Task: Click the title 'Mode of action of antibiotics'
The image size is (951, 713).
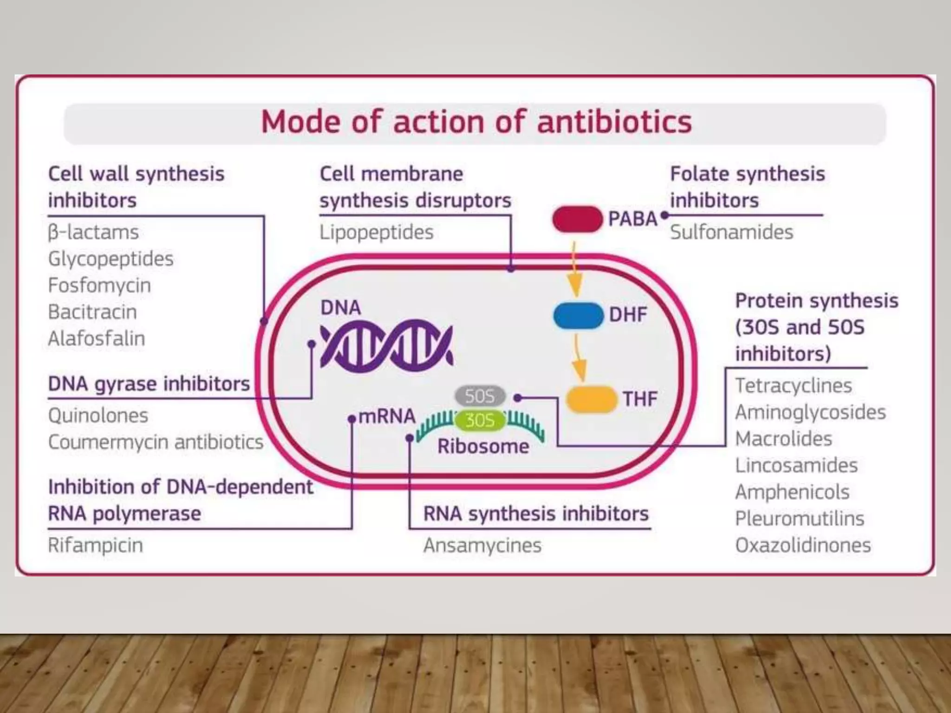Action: point(476,122)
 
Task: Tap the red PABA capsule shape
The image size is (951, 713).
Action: point(577,219)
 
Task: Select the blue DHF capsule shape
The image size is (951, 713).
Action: point(578,316)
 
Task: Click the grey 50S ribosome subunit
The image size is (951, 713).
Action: point(480,396)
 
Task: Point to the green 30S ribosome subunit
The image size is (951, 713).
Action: point(480,421)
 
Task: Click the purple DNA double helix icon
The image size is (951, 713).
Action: point(386,346)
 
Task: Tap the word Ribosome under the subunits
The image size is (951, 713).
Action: point(483,447)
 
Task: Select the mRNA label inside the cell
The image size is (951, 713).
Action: point(387,416)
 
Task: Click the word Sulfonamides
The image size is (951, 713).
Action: point(731,232)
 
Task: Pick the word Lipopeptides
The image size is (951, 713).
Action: point(376,232)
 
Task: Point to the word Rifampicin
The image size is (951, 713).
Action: point(96,545)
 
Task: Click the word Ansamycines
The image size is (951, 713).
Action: point(482,545)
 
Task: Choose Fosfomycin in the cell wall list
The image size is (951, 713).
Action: point(99,285)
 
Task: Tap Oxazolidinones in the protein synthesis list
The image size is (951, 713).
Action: point(803,545)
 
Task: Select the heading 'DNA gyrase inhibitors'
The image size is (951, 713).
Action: point(149,384)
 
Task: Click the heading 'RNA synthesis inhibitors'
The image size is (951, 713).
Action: point(536,514)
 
